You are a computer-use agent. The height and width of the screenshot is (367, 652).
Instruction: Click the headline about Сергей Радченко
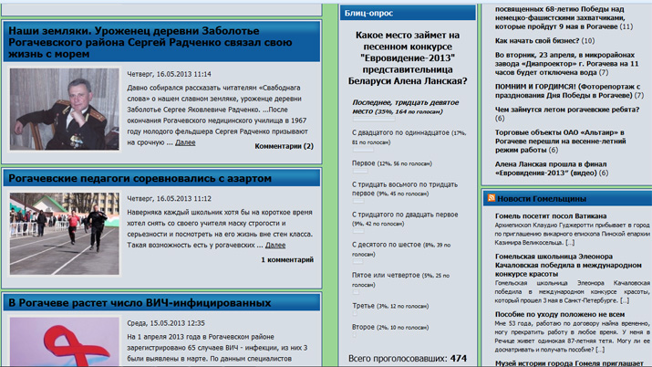coord(150,42)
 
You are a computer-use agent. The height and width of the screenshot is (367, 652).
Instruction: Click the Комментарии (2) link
coord(284,146)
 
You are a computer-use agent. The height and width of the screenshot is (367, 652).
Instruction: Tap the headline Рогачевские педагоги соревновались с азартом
coord(140,178)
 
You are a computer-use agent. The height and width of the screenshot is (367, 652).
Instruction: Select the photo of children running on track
coord(64,234)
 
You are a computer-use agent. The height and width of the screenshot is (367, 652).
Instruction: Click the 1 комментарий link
coord(286,260)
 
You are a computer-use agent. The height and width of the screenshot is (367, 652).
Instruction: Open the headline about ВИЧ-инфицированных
coord(140,302)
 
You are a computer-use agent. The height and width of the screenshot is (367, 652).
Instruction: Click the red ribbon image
coord(64,343)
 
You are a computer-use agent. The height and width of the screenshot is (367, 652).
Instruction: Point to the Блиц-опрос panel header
coord(369,14)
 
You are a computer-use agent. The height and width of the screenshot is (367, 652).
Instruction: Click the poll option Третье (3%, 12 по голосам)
coord(390,306)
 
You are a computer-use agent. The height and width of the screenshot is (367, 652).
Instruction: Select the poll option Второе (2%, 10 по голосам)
coord(390,327)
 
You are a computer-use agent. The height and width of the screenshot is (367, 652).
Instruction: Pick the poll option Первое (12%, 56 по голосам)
coord(390,163)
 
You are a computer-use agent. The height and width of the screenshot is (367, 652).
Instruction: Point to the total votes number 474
coord(458,359)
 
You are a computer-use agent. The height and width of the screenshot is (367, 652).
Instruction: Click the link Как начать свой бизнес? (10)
coord(544,40)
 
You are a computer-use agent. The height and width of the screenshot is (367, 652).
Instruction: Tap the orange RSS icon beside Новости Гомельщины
coord(491,198)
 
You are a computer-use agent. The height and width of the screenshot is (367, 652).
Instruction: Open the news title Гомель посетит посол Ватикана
coord(551,215)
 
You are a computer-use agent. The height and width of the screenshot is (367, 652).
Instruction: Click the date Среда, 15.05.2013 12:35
coord(166,322)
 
